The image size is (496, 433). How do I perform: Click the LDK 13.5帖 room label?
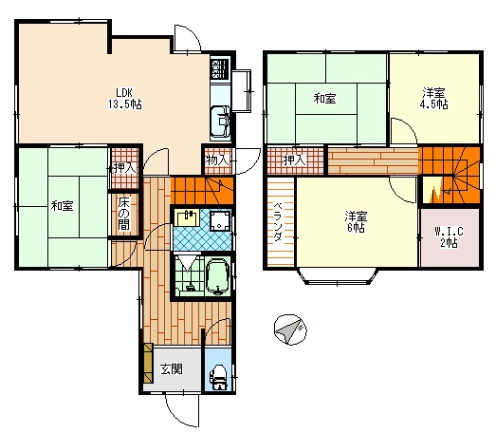click(x=125, y=99)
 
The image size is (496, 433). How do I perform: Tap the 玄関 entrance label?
click(x=171, y=369)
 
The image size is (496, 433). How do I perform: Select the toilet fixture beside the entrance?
click(x=218, y=377)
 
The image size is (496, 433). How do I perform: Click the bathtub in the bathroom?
click(x=218, y=275)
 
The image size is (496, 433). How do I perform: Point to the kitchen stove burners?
click(x=219, y=69)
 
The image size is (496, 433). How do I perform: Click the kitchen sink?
click(x=220, y=121)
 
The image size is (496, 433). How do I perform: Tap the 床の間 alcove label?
click(x=123, y=214)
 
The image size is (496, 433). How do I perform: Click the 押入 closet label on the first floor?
click(x=125, y=168)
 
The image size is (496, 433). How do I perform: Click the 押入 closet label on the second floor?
click(x=295, y=160)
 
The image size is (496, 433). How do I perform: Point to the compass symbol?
click(x=290, y=330)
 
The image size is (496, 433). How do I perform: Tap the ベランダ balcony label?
click(x=278, y=221)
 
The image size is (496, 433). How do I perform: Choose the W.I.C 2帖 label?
click(x=449, y=237)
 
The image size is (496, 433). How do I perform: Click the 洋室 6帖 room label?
click(x=356, y=222)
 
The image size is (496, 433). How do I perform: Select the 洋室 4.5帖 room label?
click(x=433, y=99)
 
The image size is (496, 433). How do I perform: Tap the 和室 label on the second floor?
click(x=324, y=99)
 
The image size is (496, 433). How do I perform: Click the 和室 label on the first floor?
click(x=62, y=206)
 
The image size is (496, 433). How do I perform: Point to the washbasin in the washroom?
click(x=187, y=217)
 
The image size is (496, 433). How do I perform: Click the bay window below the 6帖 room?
click(x=337, y=276)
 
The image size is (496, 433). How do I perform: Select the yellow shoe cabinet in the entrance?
click(x=148, y=364)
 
